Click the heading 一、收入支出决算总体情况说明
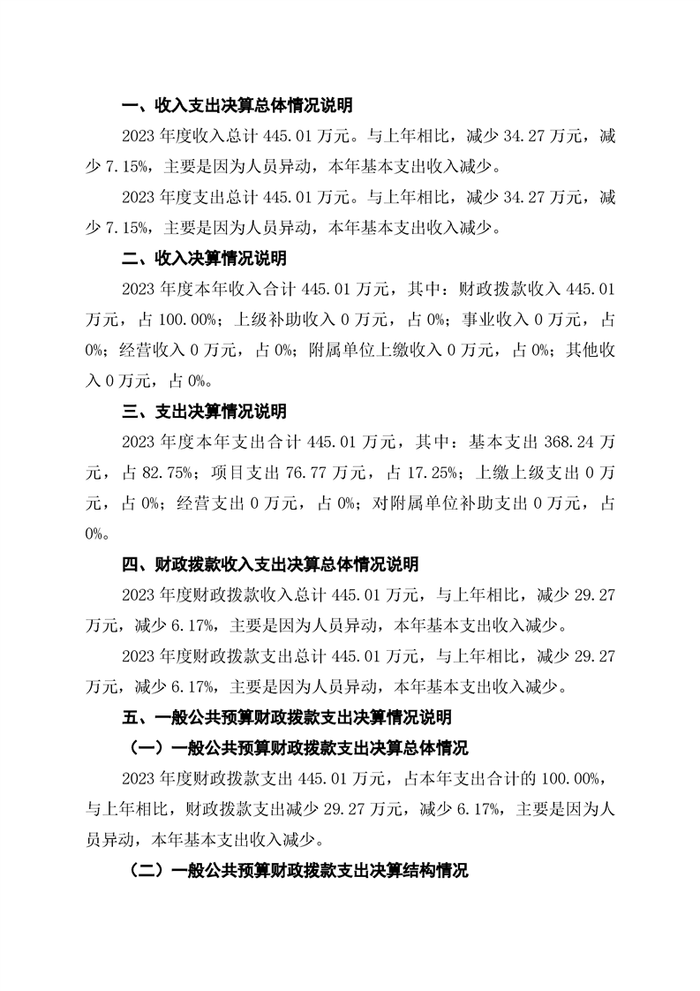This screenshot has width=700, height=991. [x=237, y=106]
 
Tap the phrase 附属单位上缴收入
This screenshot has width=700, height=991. [x=375, y=351]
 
